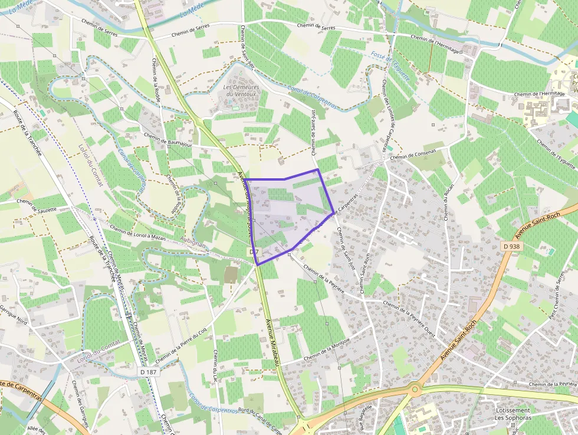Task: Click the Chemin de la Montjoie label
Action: click(x=327, y=351)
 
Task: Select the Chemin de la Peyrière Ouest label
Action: click(x=409, y=319)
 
